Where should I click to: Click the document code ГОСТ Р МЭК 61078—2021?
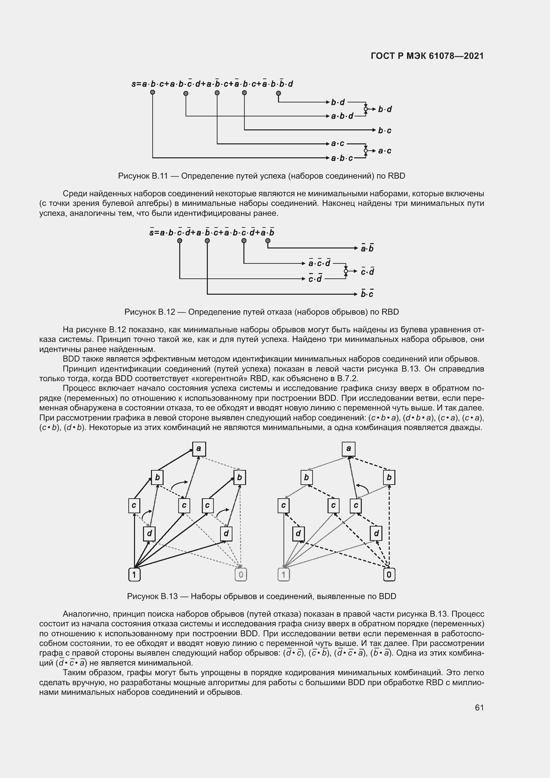(427, 56)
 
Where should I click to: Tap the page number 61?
(479, 707)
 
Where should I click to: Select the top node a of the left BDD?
(199, 449)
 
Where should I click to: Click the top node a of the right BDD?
(348, 449)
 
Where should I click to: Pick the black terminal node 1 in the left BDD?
(134, 575)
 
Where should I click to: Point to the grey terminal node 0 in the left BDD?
(241, 575)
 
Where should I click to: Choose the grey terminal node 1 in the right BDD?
(283, 575)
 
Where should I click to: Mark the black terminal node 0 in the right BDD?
(389, 575)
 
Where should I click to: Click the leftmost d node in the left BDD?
(149, 534)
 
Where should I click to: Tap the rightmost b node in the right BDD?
(389, 478)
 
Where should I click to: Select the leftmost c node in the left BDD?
(134, 506)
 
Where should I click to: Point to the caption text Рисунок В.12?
(149, 312)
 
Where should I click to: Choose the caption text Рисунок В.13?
(152, 596)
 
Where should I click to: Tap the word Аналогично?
(86, 614)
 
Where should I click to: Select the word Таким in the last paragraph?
(74, 673)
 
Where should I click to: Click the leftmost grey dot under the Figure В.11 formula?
(153, 92)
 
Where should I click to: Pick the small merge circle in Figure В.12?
(346, 271)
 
